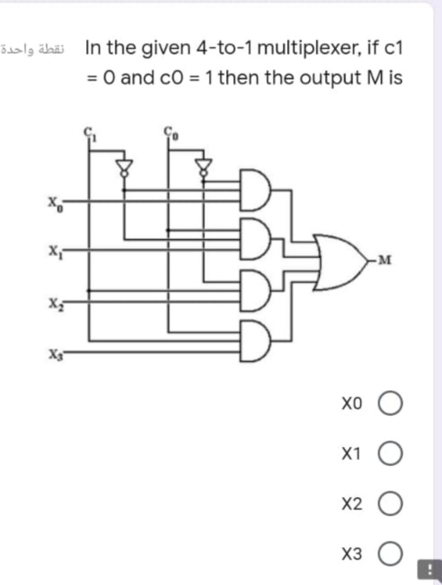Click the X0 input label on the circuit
[53, 202]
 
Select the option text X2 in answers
[352, 504]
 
